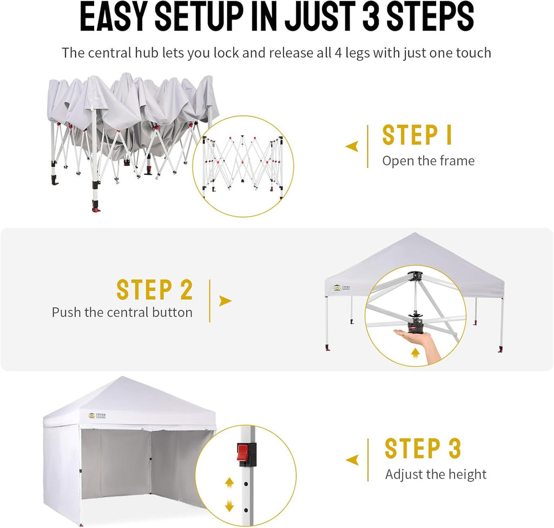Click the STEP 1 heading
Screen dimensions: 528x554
[x=417, y=135]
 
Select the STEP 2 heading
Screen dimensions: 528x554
[x=155, y=290]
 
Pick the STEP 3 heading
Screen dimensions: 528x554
[x=423, y=449]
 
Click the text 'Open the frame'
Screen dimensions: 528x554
[x=428, y=161]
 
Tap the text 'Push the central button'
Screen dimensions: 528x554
[x=122, y=312]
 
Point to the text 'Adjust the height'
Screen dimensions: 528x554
[x=436, y=474]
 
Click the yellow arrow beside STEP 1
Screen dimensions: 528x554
[x=352, y=146]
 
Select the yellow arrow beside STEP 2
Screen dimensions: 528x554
[x=225, y=301]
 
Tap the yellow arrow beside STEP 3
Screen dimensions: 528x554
[x=352, y=460]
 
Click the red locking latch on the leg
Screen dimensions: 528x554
[x=245, y=454]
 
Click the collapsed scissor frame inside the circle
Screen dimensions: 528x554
[x=242, y=167]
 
